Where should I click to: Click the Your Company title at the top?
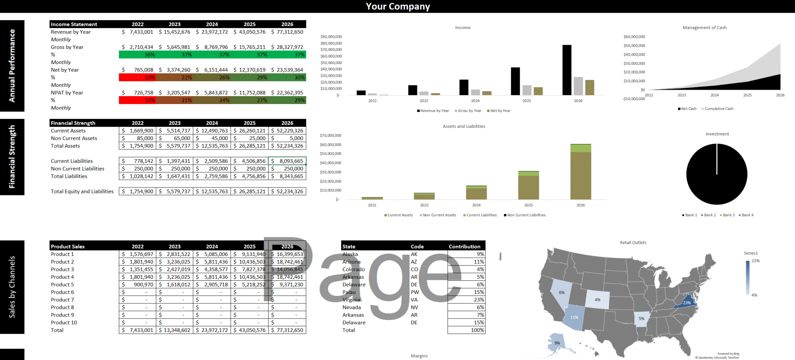click(398, 7)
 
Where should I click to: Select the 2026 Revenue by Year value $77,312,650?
click(287, 32)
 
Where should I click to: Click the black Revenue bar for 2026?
click(567, 70)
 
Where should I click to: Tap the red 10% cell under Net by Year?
click(137, 78)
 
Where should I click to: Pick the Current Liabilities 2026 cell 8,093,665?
click(287, 161)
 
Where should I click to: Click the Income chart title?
click(463, 28)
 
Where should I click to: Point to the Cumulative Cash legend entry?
click(719, 109)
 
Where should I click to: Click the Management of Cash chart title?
click(705, 28)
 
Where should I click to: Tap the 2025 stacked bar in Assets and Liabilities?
click(528, 186)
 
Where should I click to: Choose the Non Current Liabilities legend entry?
click(526, 215)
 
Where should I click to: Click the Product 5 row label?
click(62, 285)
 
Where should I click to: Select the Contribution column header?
click(464, 247)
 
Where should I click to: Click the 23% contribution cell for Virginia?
click(467, 300)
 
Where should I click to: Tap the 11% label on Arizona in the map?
click(574, 317)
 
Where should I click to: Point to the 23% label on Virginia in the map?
click(687, 303)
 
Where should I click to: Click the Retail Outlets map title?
click(633, 243)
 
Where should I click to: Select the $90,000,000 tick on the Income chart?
click(331, 37)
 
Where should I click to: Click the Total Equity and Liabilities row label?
click(82, 191)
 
